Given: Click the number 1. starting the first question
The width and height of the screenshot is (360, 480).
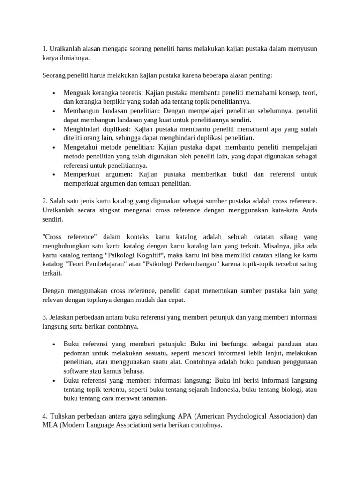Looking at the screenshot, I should (x=45, y=49).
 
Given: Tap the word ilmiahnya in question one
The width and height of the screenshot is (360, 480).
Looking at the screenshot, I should (x=73, y=58).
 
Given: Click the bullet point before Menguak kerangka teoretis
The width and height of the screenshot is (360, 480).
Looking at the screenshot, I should (x=55, y=93).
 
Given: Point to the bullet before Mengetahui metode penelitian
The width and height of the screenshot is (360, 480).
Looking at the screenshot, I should (x=55, y=148).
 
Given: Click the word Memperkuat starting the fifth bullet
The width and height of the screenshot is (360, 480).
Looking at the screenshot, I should (x=82, y=174).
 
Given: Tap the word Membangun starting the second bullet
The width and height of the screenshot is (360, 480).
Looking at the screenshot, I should (x=82, y=111).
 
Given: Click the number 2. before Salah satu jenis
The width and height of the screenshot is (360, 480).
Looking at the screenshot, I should (x=45, y=201).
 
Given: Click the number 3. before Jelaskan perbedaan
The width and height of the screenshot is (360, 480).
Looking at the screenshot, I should (x=45, y=318).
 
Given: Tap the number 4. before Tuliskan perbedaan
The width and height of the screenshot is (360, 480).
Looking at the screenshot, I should (x=45, y=416).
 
